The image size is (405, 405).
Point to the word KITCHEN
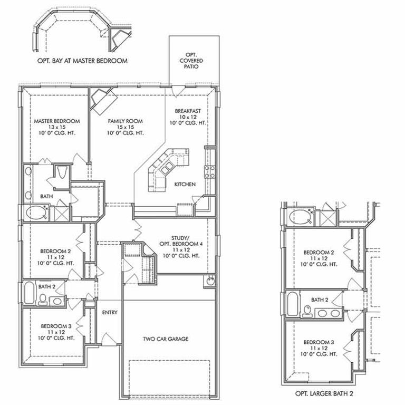click(x=185, y=184)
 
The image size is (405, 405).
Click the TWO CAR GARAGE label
click(x=166, y=339)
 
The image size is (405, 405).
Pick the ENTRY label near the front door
click(x=110, y=313)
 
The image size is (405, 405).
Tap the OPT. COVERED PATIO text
click(x=191, y=61)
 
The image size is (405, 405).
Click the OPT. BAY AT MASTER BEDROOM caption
click(x=82, y=61)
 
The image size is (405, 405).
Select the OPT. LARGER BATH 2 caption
click(x=324, y=393)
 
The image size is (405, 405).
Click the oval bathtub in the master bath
click(x=37, y=213)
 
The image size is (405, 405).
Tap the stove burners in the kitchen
click(x=209, y=172)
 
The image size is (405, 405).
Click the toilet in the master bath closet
click(x=62, y=172)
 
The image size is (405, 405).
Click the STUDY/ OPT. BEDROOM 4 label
click(x=181, y=247)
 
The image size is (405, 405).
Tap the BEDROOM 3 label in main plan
click(x=56, y=332)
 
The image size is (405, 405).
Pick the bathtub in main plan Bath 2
click(x=29, y=292)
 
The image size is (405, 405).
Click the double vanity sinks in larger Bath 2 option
click(x=328, y=313)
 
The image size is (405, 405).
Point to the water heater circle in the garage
click(x=209, y=281)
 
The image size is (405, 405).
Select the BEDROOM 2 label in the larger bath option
click(x=319, y=258)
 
